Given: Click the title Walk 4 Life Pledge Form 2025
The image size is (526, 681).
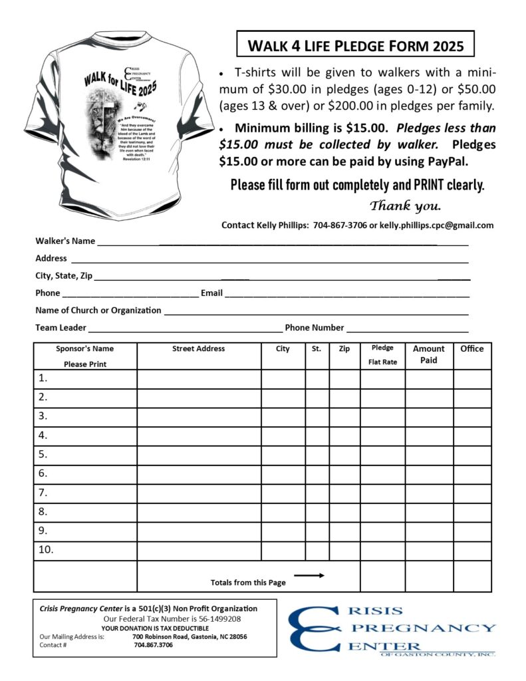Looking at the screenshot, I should click(355, 47).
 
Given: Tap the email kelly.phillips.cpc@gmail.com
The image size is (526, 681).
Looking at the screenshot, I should click(436, 225).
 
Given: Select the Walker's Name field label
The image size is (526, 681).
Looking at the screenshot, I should click(65, 241).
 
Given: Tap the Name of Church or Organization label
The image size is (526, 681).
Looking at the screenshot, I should click(98, 310).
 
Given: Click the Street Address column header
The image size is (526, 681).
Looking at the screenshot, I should click(198, 348).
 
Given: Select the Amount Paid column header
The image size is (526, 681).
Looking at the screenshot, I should click(429, 354).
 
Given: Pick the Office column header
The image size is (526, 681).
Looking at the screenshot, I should click(472, 348).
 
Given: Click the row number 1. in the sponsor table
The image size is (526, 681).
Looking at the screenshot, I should click(43, 378).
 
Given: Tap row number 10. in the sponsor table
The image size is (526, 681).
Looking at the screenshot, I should click(46, 550).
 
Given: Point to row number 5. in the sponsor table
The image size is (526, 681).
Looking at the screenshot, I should click(43, 455).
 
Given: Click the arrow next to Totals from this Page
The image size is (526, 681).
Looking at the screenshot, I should click(309, 575).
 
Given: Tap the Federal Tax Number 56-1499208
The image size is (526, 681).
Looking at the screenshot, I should click(214, 618).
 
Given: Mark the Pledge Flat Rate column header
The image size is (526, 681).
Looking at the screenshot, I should click(382, 355).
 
